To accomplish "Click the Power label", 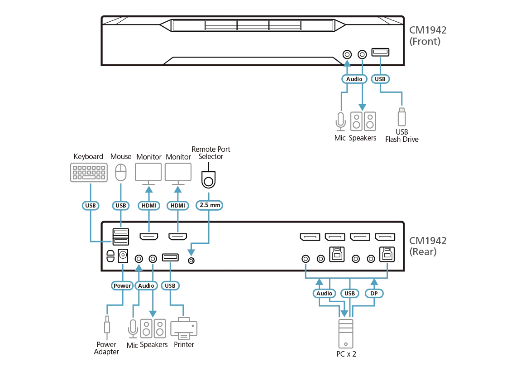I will (122, 285).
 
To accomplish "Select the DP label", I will (374, 293).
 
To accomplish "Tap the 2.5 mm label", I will (209, 205).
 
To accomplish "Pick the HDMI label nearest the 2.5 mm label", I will (178, 205).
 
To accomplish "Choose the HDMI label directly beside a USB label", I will (149, 205).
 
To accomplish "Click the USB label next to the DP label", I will (349, 293).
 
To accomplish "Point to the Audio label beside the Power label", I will (146, 285).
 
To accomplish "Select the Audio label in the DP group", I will (325, 293).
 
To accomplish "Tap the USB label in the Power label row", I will (170, 285).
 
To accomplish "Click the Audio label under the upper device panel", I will (354, 79).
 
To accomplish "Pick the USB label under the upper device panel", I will (380, 79).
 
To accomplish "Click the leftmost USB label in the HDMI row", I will (91, 205).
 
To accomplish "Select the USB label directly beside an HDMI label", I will (120, 205).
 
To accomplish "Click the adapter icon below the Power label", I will (106, 326).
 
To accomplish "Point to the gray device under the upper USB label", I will (402, 117).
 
